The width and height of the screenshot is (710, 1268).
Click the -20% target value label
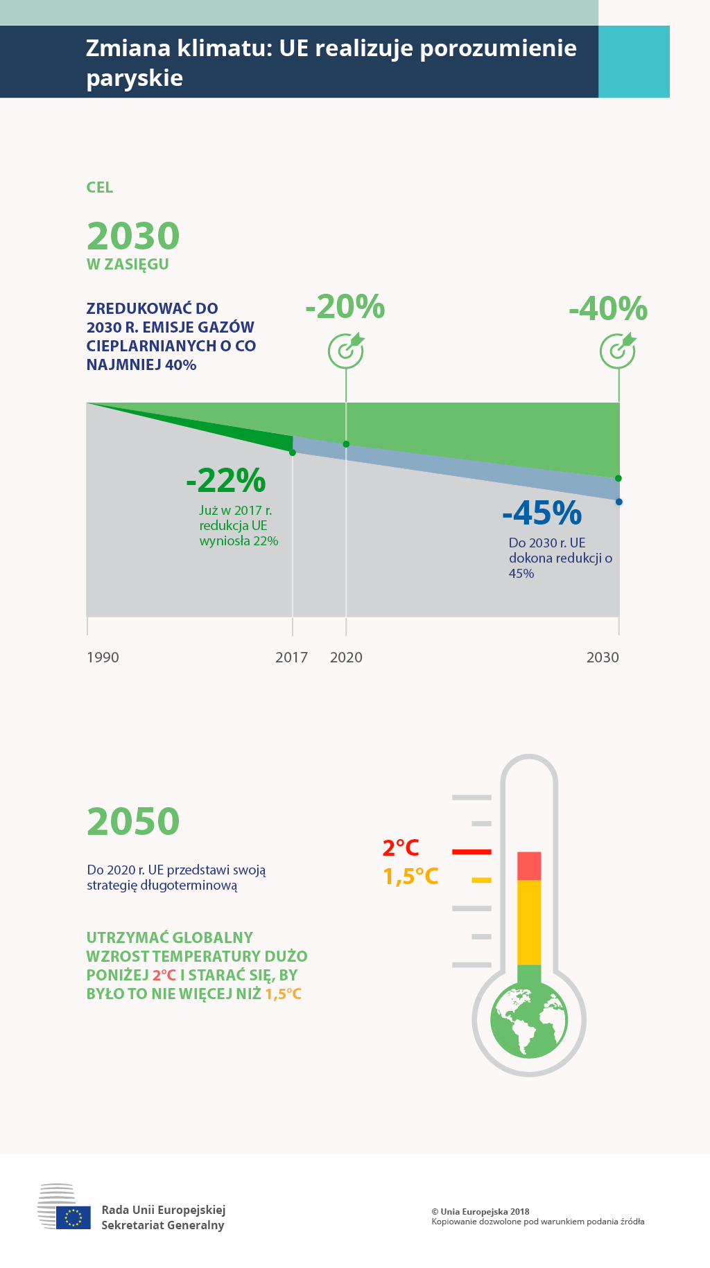(345, 307)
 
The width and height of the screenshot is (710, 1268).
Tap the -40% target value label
(608, 309)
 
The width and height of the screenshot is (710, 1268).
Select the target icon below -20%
(346, 350)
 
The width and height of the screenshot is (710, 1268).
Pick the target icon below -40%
(618, 350)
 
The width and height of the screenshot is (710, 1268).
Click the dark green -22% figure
(226, 480)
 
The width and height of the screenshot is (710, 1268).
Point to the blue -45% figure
(542, 513)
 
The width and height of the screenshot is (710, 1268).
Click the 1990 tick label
(103, 658)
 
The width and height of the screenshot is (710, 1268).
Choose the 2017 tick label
(291, 658)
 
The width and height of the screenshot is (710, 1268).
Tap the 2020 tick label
(346, 658)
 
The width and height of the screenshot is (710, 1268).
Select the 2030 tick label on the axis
(603, 658)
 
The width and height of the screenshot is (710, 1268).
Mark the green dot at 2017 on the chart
(293, 452)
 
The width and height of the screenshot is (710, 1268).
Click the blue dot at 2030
(619, 502)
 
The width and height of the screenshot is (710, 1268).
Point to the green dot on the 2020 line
(346, 444)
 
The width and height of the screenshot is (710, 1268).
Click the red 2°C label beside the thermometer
(401, 847)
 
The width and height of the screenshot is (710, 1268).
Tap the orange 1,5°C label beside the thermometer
(411, 877)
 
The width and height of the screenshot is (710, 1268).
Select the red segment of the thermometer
(529, 866)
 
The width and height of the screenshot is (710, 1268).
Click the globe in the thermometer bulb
(529, 1019)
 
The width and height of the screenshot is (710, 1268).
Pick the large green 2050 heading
(133, 821)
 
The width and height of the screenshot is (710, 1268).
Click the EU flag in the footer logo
(73, 1217)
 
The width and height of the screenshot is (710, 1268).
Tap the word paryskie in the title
(135, 78)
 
